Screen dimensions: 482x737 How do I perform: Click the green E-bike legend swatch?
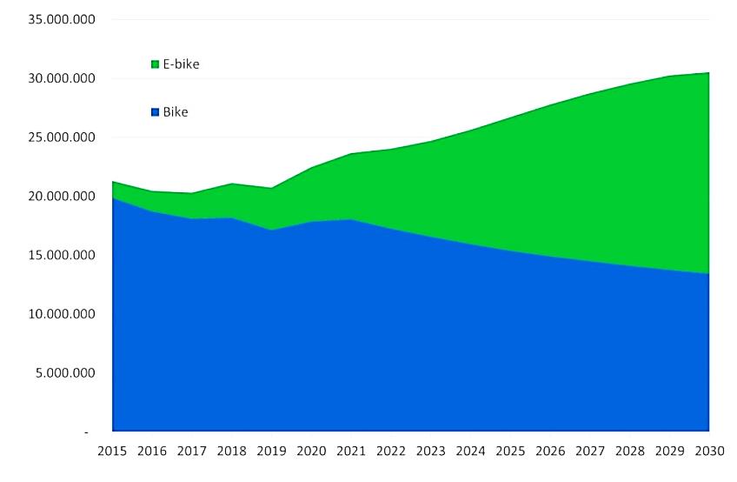156,64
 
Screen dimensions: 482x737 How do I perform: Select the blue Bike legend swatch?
156,112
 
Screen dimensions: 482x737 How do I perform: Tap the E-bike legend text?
181,64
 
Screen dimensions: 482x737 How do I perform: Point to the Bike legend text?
176,112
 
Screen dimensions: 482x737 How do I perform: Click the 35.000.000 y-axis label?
61,19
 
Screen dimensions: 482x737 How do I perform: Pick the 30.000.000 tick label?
61,78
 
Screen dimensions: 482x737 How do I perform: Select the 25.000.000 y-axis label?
61,137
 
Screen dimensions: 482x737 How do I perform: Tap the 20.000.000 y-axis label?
61,197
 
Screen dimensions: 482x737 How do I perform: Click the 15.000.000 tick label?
61,255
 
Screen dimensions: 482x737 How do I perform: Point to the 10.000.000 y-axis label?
61,314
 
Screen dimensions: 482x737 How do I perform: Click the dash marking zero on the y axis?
86,432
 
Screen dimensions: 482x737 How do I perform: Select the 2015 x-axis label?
113,451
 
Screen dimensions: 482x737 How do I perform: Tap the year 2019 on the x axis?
272,451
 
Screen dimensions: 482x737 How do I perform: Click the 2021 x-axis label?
351,451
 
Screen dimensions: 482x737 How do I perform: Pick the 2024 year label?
470,451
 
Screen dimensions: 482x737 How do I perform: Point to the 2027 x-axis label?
590,451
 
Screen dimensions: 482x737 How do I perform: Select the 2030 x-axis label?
708,451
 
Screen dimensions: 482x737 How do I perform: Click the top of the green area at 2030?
708,73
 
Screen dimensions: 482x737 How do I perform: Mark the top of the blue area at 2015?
114,198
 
